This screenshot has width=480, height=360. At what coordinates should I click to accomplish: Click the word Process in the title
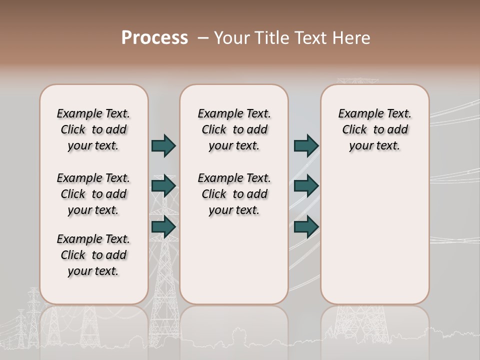point(154,38)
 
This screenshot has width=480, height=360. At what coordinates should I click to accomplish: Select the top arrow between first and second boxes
point(163,145)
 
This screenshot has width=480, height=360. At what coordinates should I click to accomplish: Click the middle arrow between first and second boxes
point(163,186)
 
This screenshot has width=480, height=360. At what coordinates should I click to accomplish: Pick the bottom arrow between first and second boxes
point(163,227)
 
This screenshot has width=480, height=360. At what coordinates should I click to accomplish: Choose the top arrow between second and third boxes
point(306,145)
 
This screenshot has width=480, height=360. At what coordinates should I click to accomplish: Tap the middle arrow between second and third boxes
point(306,186)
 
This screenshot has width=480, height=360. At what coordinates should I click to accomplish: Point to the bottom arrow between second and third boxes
point(306,227)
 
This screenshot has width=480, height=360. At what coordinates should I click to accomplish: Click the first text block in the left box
point(93,129)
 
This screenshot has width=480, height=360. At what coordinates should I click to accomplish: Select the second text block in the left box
point(93,194)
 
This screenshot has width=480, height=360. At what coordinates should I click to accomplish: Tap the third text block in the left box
point(93,255)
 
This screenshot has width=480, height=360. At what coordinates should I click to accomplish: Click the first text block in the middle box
point(234,129)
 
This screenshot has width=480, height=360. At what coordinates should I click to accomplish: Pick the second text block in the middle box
point(234,194)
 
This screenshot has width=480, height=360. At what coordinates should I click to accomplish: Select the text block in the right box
point(375,129)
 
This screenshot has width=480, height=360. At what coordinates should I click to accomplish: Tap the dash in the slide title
point(203,38)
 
